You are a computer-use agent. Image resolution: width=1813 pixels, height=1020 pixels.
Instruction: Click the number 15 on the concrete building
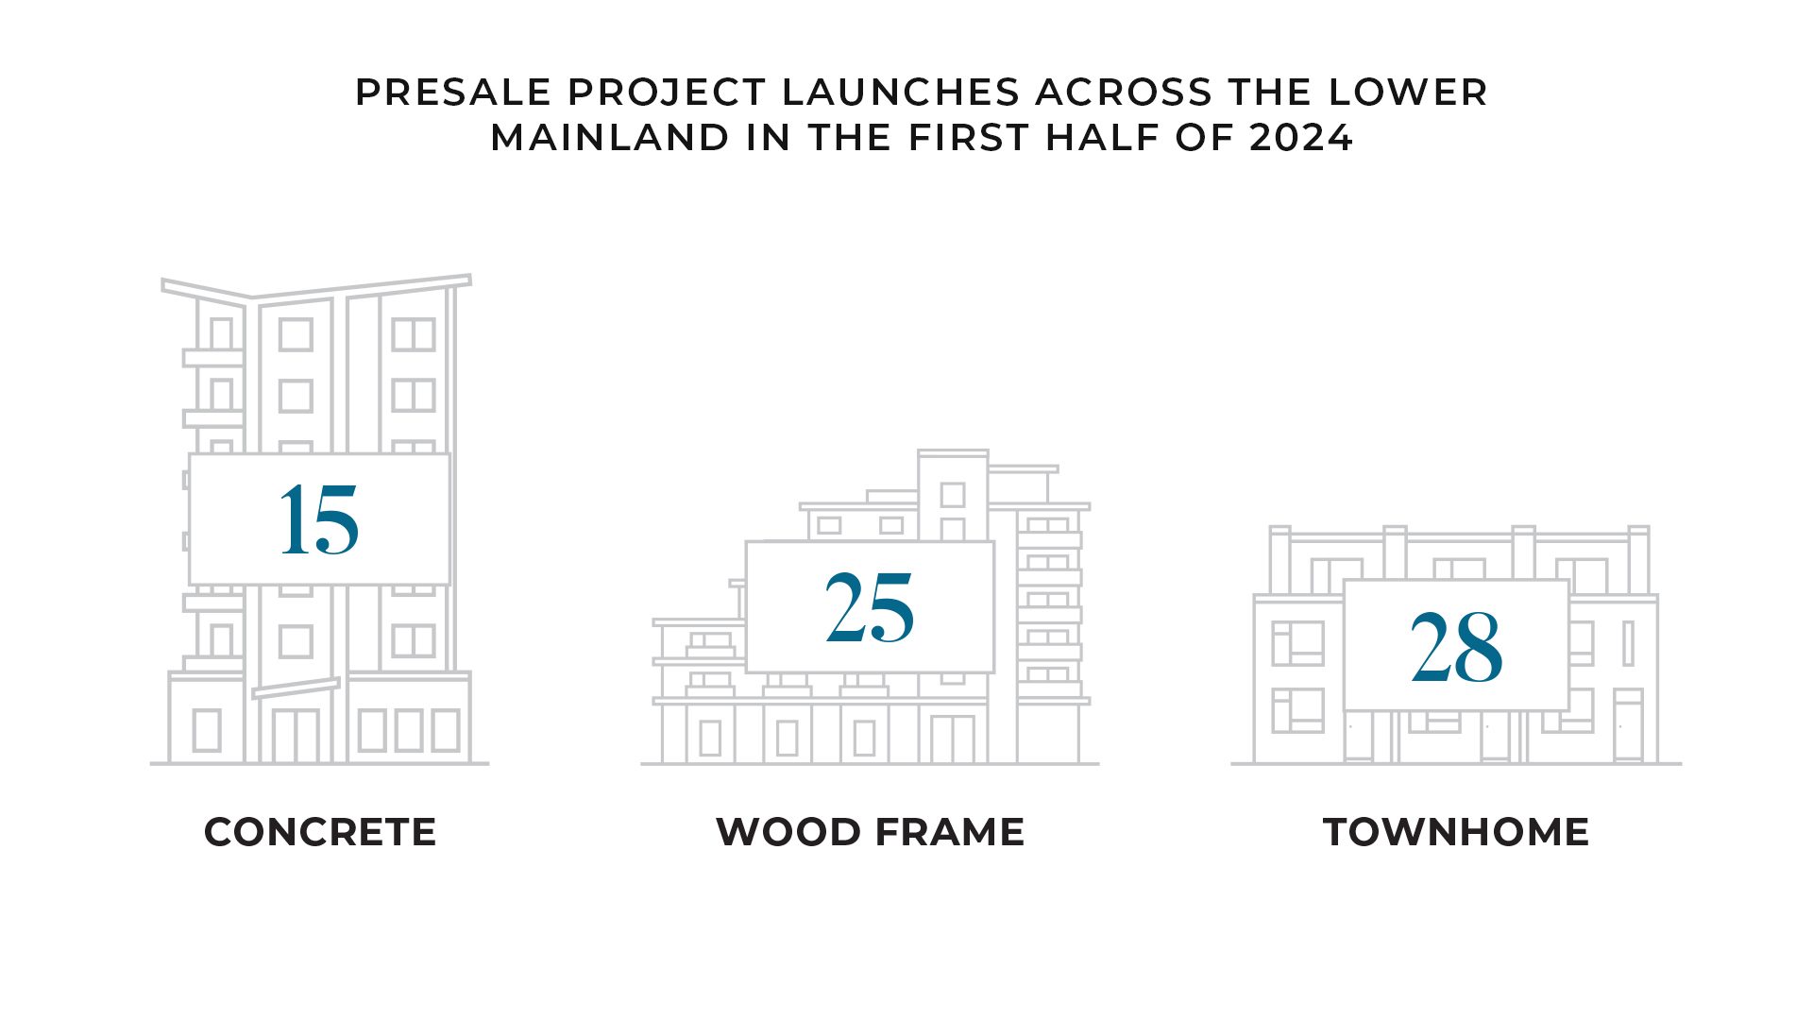319,519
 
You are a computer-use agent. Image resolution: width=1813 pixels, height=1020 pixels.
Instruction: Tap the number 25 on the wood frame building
870,607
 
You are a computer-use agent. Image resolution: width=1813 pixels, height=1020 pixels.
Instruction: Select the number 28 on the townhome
1456,647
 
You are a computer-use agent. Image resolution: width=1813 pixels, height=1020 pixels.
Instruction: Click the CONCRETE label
320,832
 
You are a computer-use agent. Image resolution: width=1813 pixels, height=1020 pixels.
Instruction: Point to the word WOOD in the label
788,832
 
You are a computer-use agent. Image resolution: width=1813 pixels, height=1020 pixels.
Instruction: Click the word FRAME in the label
950,832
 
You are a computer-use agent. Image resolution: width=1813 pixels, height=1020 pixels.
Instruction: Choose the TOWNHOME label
1456,832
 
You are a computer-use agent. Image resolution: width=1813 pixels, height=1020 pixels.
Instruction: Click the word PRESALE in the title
453,93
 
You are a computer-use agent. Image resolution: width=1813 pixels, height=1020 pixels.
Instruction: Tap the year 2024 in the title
1301,138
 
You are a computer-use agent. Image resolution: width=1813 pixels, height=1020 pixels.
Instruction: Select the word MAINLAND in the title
610,138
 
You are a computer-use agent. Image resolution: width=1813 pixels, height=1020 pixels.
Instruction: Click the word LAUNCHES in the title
901,93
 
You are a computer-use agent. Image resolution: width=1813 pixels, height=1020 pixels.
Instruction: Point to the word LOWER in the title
1408,93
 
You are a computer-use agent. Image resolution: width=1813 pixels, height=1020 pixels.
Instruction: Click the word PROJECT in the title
667,93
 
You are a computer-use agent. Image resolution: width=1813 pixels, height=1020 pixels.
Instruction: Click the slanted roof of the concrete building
362,287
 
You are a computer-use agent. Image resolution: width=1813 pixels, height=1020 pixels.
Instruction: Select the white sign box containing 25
870,607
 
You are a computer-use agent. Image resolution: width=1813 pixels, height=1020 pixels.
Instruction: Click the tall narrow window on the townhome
1628,643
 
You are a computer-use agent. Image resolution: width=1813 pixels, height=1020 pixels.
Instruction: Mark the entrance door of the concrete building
296,734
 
